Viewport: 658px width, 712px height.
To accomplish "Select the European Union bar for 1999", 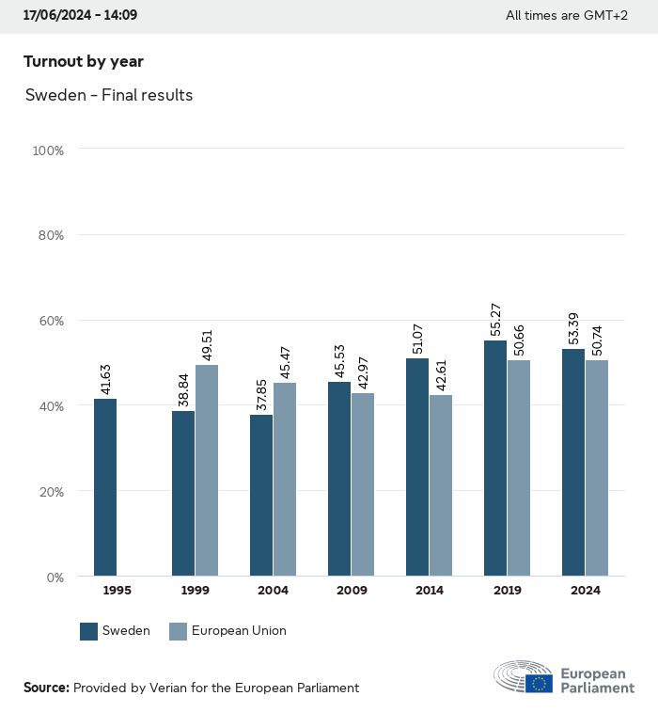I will [207, 470].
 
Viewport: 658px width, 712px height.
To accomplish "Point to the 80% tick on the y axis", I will [51, 235].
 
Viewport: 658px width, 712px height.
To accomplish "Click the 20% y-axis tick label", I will [51, 491].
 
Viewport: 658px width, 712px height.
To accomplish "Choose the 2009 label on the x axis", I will [351, 591].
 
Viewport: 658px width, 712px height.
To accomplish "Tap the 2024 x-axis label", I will [585, 591].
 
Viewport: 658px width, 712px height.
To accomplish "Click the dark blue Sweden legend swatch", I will [89, 631].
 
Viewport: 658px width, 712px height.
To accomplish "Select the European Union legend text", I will [239, 631].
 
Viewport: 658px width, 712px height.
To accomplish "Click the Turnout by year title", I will [83, 62].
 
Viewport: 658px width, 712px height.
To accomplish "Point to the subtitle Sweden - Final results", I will [109, 95].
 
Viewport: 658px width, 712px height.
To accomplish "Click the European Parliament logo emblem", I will [524, 678].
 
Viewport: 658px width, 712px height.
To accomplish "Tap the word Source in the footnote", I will [46, 688].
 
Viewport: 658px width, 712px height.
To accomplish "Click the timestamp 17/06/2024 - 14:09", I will [80, 15].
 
